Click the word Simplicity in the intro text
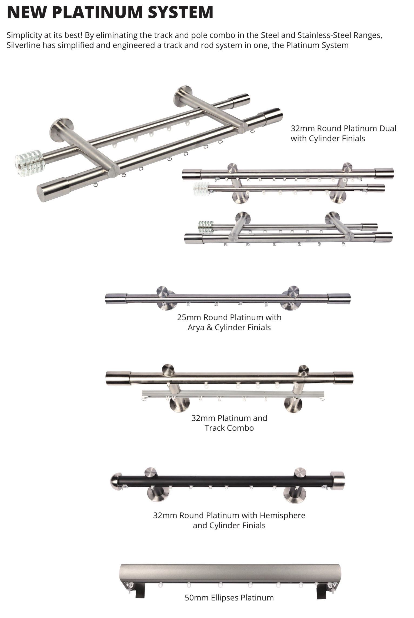24,35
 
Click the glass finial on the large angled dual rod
29,163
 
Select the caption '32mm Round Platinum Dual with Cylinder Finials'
343,133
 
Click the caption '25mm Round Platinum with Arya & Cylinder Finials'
229,322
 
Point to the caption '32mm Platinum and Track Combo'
229,423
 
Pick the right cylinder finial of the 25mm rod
339,298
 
